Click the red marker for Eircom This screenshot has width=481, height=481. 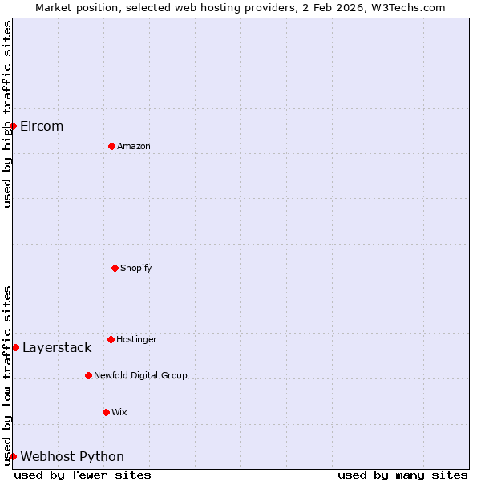[x=13, y=126]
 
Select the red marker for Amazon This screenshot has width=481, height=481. [x=111, y=146]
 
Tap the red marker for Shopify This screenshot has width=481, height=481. [x=115, y=268]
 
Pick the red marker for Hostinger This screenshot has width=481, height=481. [x=111, y=339]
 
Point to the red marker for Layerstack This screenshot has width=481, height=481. [x=15, y=347]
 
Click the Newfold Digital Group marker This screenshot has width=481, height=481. [x=88, y=375]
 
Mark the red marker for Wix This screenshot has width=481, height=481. [x=106, y=412]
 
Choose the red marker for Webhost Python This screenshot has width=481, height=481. [x=13, y=456]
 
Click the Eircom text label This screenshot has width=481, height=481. [x=42, y=126]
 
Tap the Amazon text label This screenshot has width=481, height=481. [x=134, y=146]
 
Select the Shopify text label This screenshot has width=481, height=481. [x=136, y=268]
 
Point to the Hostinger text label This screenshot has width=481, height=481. [x=136, y=339]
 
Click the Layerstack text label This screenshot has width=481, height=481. [x=57, y=347]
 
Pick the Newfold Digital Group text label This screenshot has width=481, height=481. [x=140, y=375]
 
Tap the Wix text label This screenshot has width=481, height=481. [x=119, y=412]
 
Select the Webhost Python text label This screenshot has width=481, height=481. [x=72, y=456]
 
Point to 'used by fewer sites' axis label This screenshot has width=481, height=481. [x=83, y=475]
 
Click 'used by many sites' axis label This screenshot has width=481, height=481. [x=402, y=475]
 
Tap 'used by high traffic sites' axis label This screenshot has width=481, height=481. [x=7, y=114]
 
